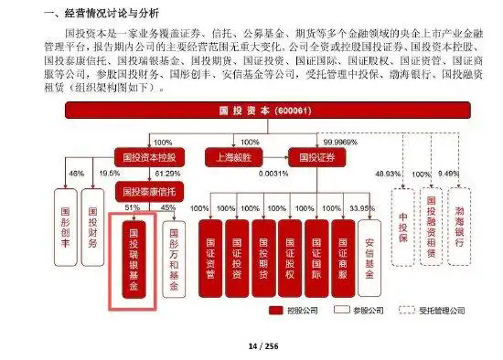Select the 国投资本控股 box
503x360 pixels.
pos(149,156)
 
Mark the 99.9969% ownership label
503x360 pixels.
pos(343,143)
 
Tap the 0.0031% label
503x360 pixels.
pos(273,173)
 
